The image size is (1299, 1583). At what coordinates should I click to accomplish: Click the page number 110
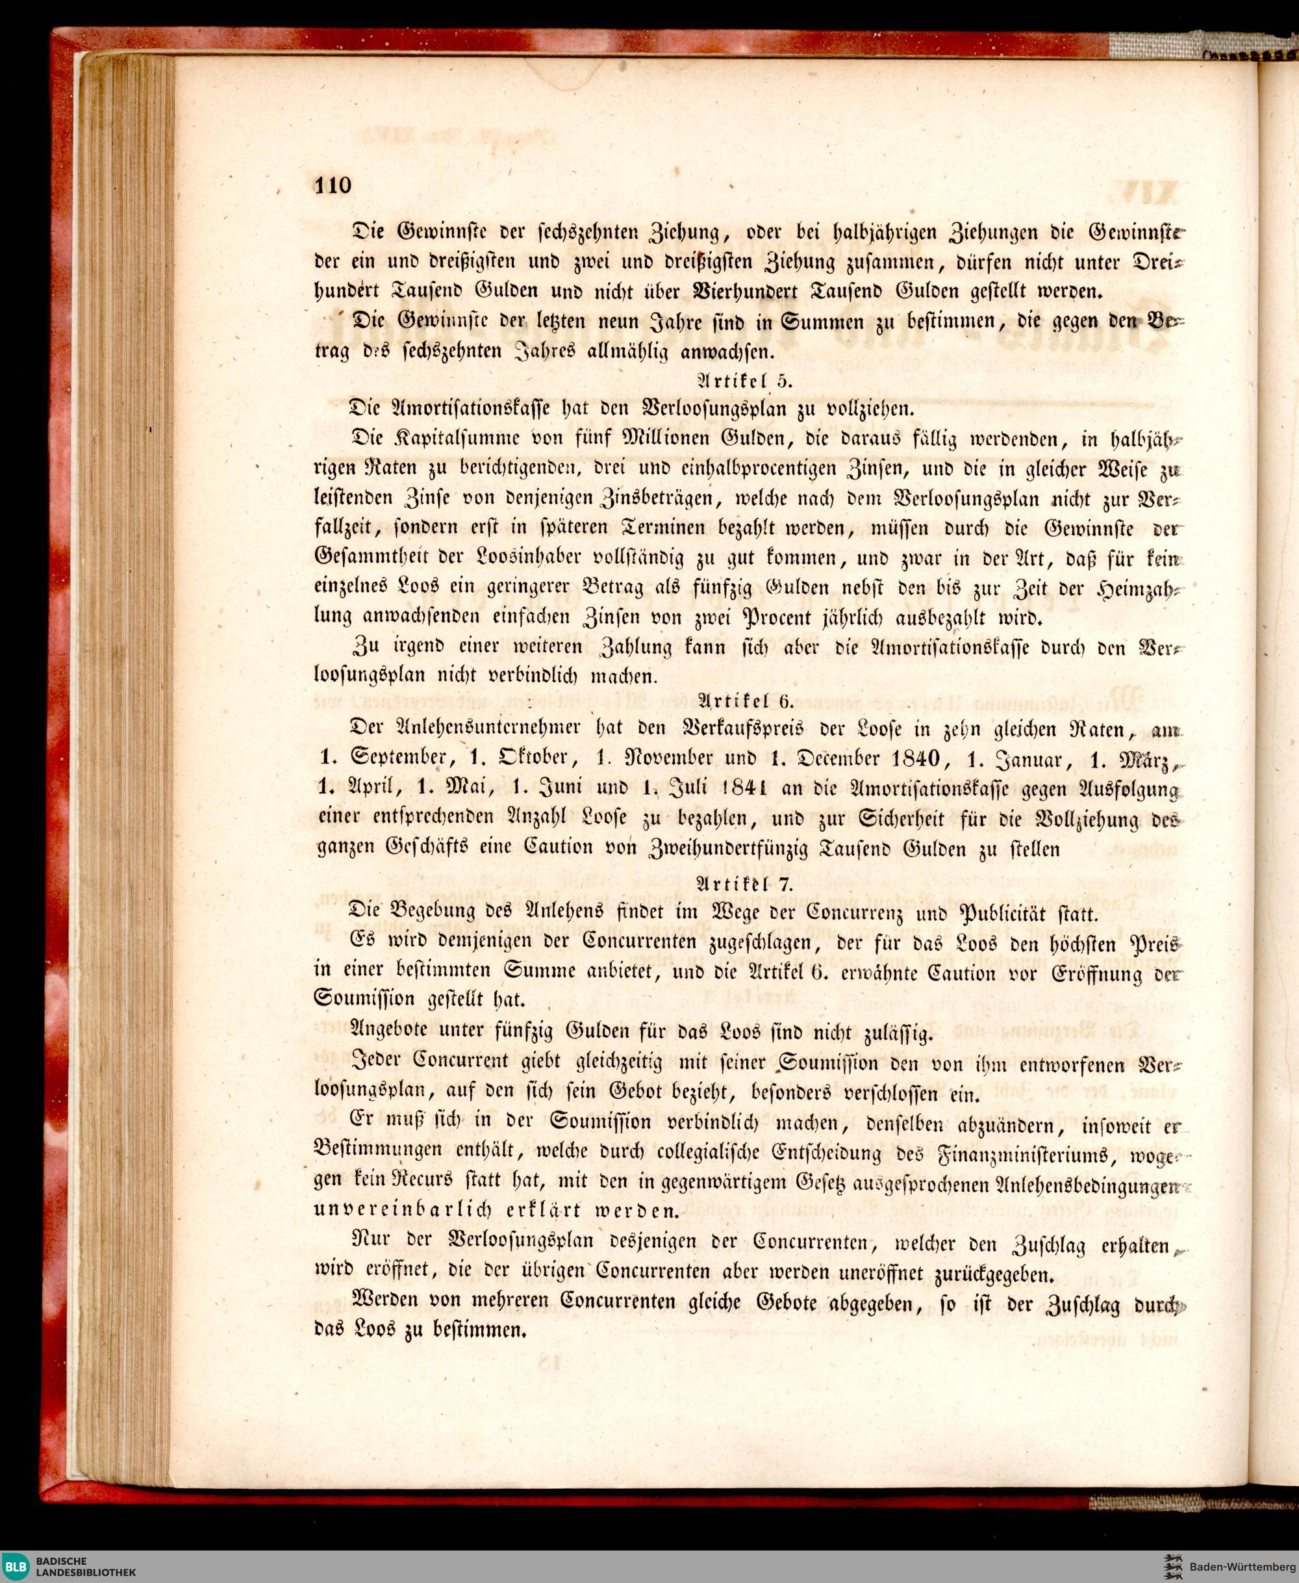(333, 184)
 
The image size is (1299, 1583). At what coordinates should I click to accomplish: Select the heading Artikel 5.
(744, 380)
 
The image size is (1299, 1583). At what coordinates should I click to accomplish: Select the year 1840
(914, 758)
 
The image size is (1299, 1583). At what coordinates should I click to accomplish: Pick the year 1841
(747, 788)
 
